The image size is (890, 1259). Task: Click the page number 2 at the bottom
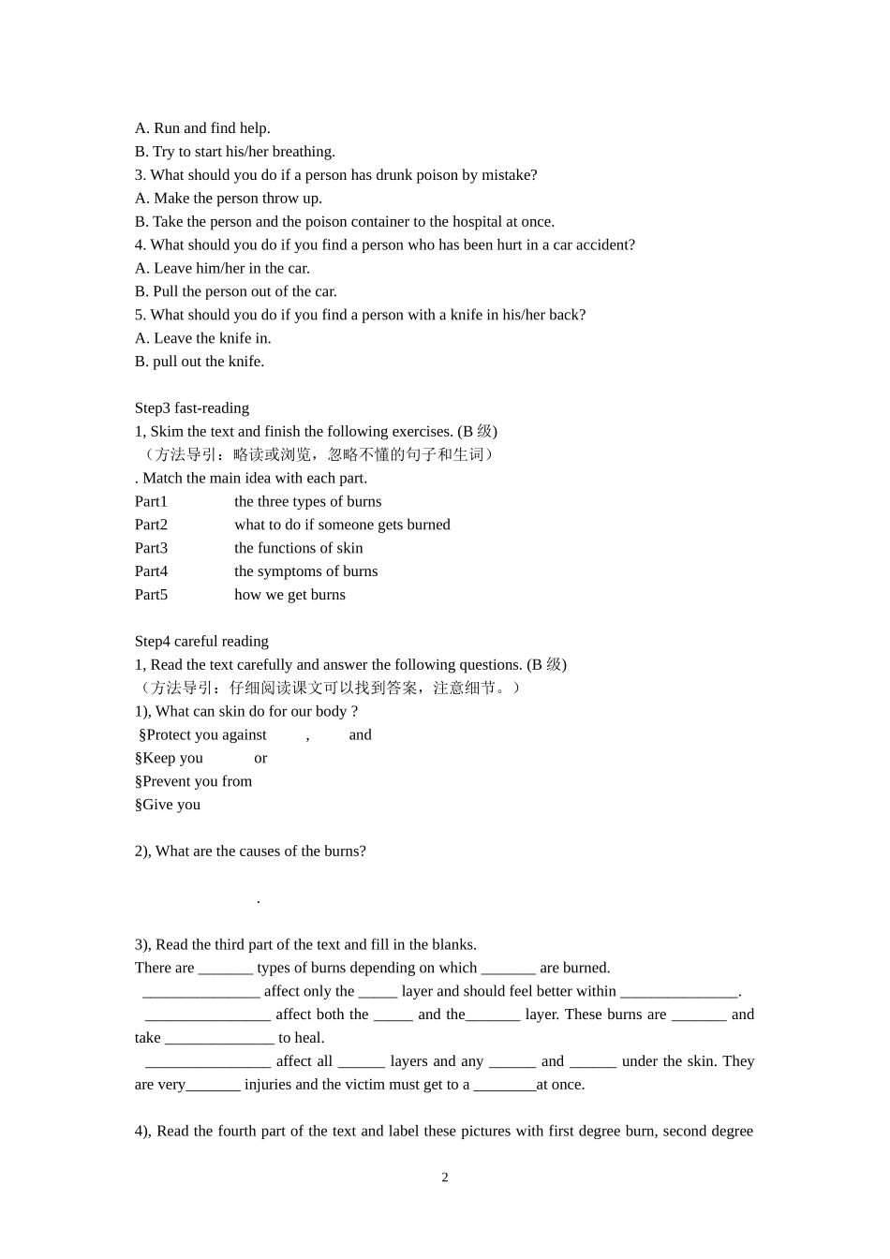click(x=445, y=1178)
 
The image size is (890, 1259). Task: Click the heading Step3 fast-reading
click(x=192, y=407)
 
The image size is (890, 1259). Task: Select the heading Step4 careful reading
click(x=201, y=641)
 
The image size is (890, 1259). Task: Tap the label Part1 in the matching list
click(x=151, y=501)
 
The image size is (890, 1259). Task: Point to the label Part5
click(x=151, y=594)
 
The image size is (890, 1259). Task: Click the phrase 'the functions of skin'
click(x=298, y=548)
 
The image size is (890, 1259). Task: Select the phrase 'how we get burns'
click(x=289, y=594)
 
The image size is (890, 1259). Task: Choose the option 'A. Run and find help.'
click(x=202, y=128)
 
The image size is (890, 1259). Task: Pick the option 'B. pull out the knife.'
click(x=200, y=362)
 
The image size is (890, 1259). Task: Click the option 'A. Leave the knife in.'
click(x=202, y=338)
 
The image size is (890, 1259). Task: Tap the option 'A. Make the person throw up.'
click(x=229, y=198)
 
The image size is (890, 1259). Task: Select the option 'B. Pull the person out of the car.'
click(x=236, y=291)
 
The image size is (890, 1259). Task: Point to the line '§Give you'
click(x=168, y=805)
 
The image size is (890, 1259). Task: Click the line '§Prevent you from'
click(x=194, y=781)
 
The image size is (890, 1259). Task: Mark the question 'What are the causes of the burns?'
click(x=260, y=851)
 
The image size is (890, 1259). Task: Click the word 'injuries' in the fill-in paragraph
click(x=268, y=1085)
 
